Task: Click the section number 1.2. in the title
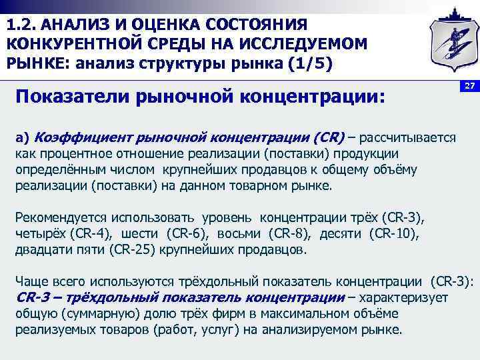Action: [22, 25]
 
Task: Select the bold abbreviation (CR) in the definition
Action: [327, 138]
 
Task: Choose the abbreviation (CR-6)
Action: [187, 235]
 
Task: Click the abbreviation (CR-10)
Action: [397, 235]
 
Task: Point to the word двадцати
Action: [39, 251]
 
